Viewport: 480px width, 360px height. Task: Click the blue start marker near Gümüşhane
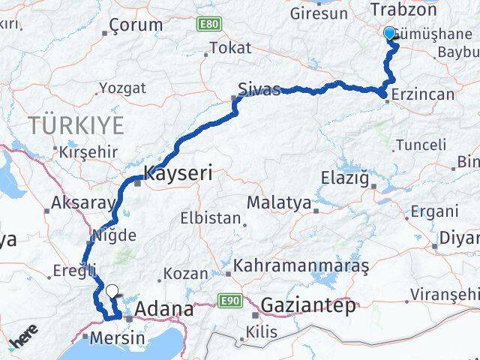[x=389, y=33]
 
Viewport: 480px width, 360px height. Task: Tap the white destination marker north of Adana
[x=112, y=291]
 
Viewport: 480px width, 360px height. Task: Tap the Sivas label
[x=259, y=90]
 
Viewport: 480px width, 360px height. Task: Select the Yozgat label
[x=122, y=88]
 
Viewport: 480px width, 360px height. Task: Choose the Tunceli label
[x=424, y=143]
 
